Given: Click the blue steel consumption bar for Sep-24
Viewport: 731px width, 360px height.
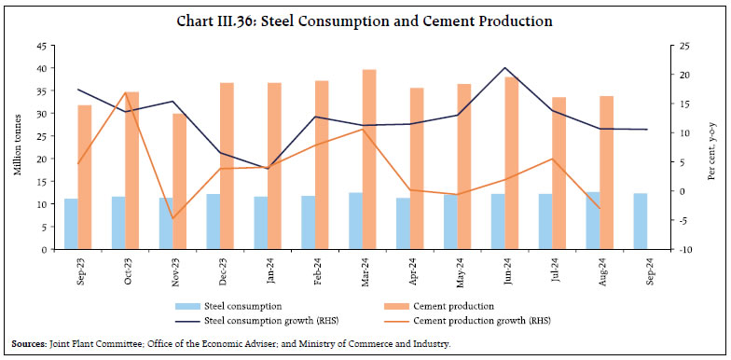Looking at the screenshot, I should pos(640,221).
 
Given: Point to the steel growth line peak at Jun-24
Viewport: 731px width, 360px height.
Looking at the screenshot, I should pos(504,68).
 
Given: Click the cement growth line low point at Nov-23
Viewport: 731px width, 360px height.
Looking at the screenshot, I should pos(172,218).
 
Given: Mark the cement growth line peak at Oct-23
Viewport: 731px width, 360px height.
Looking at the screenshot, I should pos(125,92).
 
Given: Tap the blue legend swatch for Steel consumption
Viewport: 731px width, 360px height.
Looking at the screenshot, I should pos(186,305).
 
